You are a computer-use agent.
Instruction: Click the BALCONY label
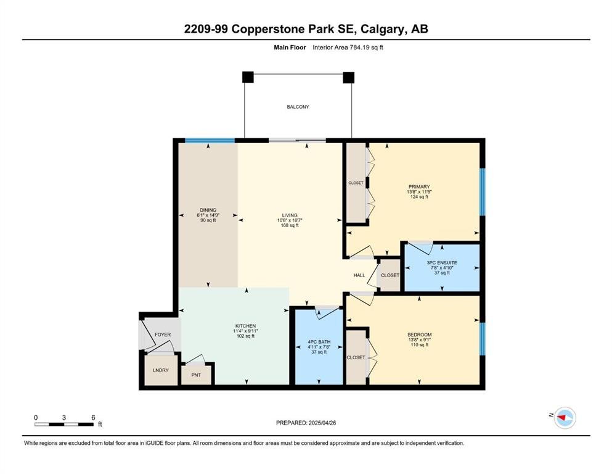[298, 107]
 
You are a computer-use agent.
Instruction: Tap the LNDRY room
[161, 370]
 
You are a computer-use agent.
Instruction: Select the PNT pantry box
[197, 375]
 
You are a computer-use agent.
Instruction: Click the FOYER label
[163, 335]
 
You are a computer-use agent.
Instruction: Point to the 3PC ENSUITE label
[442, 262]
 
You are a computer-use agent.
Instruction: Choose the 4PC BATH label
[319, 341]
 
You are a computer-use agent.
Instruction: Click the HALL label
[359, 275]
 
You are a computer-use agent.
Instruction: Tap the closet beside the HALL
[390, 275]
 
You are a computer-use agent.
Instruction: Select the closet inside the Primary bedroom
[356, 183]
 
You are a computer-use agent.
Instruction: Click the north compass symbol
[565, 418]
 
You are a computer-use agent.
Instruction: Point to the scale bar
[64, 424]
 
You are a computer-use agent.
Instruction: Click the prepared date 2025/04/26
[322, 423]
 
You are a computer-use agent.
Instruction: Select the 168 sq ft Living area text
[290, 225]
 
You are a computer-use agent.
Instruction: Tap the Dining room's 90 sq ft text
[208, 220]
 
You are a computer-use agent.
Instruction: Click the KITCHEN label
[245, 326]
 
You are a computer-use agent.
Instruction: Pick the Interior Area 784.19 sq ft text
[348, 48]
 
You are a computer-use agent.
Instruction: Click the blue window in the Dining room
[210, 141]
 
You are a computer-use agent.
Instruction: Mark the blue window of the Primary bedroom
[483, 192]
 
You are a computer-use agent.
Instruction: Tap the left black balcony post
[248, 77]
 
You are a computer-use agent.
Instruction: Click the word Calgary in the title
[382, 29]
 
